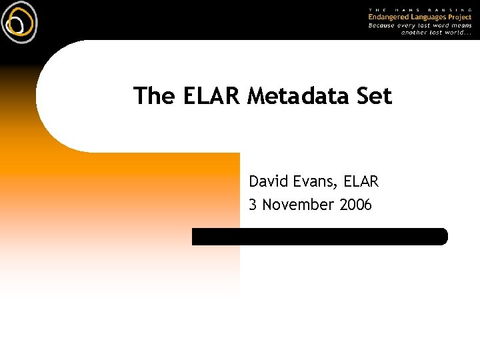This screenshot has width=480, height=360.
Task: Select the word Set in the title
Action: pos(374,96)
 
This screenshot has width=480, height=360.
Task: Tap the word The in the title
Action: pos(153,96)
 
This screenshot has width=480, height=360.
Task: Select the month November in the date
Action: pos(299,205)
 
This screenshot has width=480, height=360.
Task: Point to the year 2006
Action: pos(356,205)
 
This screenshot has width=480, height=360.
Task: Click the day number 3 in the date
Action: pos(253,205)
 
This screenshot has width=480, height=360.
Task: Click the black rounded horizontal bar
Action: pos(320,236)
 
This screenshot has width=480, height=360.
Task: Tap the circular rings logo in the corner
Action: pos(19,22)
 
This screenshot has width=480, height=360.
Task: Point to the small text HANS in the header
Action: pos(407,9)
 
